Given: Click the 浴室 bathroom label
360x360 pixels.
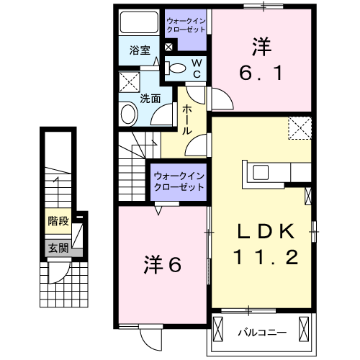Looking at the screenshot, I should pos(140,50).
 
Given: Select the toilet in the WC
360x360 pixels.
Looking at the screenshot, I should pos(175,69).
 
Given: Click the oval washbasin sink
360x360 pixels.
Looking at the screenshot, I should pos(128,114).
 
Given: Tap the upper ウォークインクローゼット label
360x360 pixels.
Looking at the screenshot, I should pos(185,26).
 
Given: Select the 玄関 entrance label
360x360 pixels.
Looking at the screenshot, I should pos(58,248).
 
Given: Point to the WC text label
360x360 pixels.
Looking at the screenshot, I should pos(197,68).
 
